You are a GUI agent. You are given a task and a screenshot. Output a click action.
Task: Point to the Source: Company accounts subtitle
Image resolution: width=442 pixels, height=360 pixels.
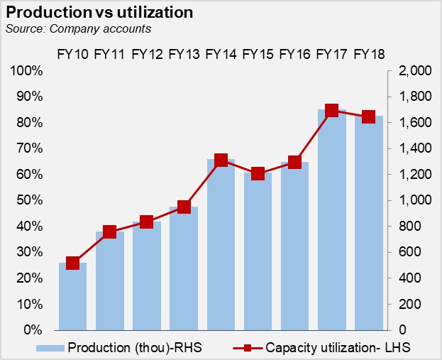(x=78, y=29)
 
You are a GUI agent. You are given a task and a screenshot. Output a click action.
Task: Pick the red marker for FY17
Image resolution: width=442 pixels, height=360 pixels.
(x=331, y=111)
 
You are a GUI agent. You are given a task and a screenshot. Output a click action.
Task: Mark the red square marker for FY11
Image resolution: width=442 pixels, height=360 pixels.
(x=109, y=231)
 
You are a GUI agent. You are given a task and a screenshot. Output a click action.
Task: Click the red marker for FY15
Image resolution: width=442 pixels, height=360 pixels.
(x=258, y=173)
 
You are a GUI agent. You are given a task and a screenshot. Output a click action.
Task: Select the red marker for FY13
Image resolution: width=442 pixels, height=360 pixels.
(x=184, y=207)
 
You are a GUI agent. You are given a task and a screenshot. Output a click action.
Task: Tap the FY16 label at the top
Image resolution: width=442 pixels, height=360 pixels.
(x=294, y=55)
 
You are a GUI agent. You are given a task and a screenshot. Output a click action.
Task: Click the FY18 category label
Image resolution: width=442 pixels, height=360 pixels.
(x=368, y=55)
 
